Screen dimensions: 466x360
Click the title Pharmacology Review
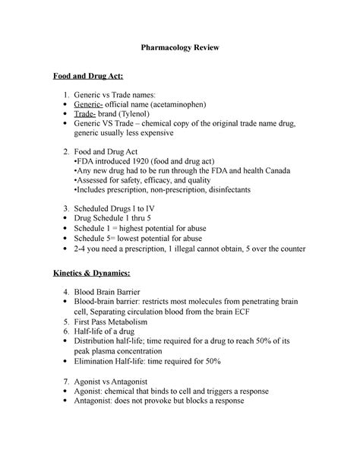(179, 48)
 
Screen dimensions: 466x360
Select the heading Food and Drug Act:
(85, 77)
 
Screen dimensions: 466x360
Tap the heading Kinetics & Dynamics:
(92, 272)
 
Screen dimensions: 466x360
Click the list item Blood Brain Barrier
(123, 291)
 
